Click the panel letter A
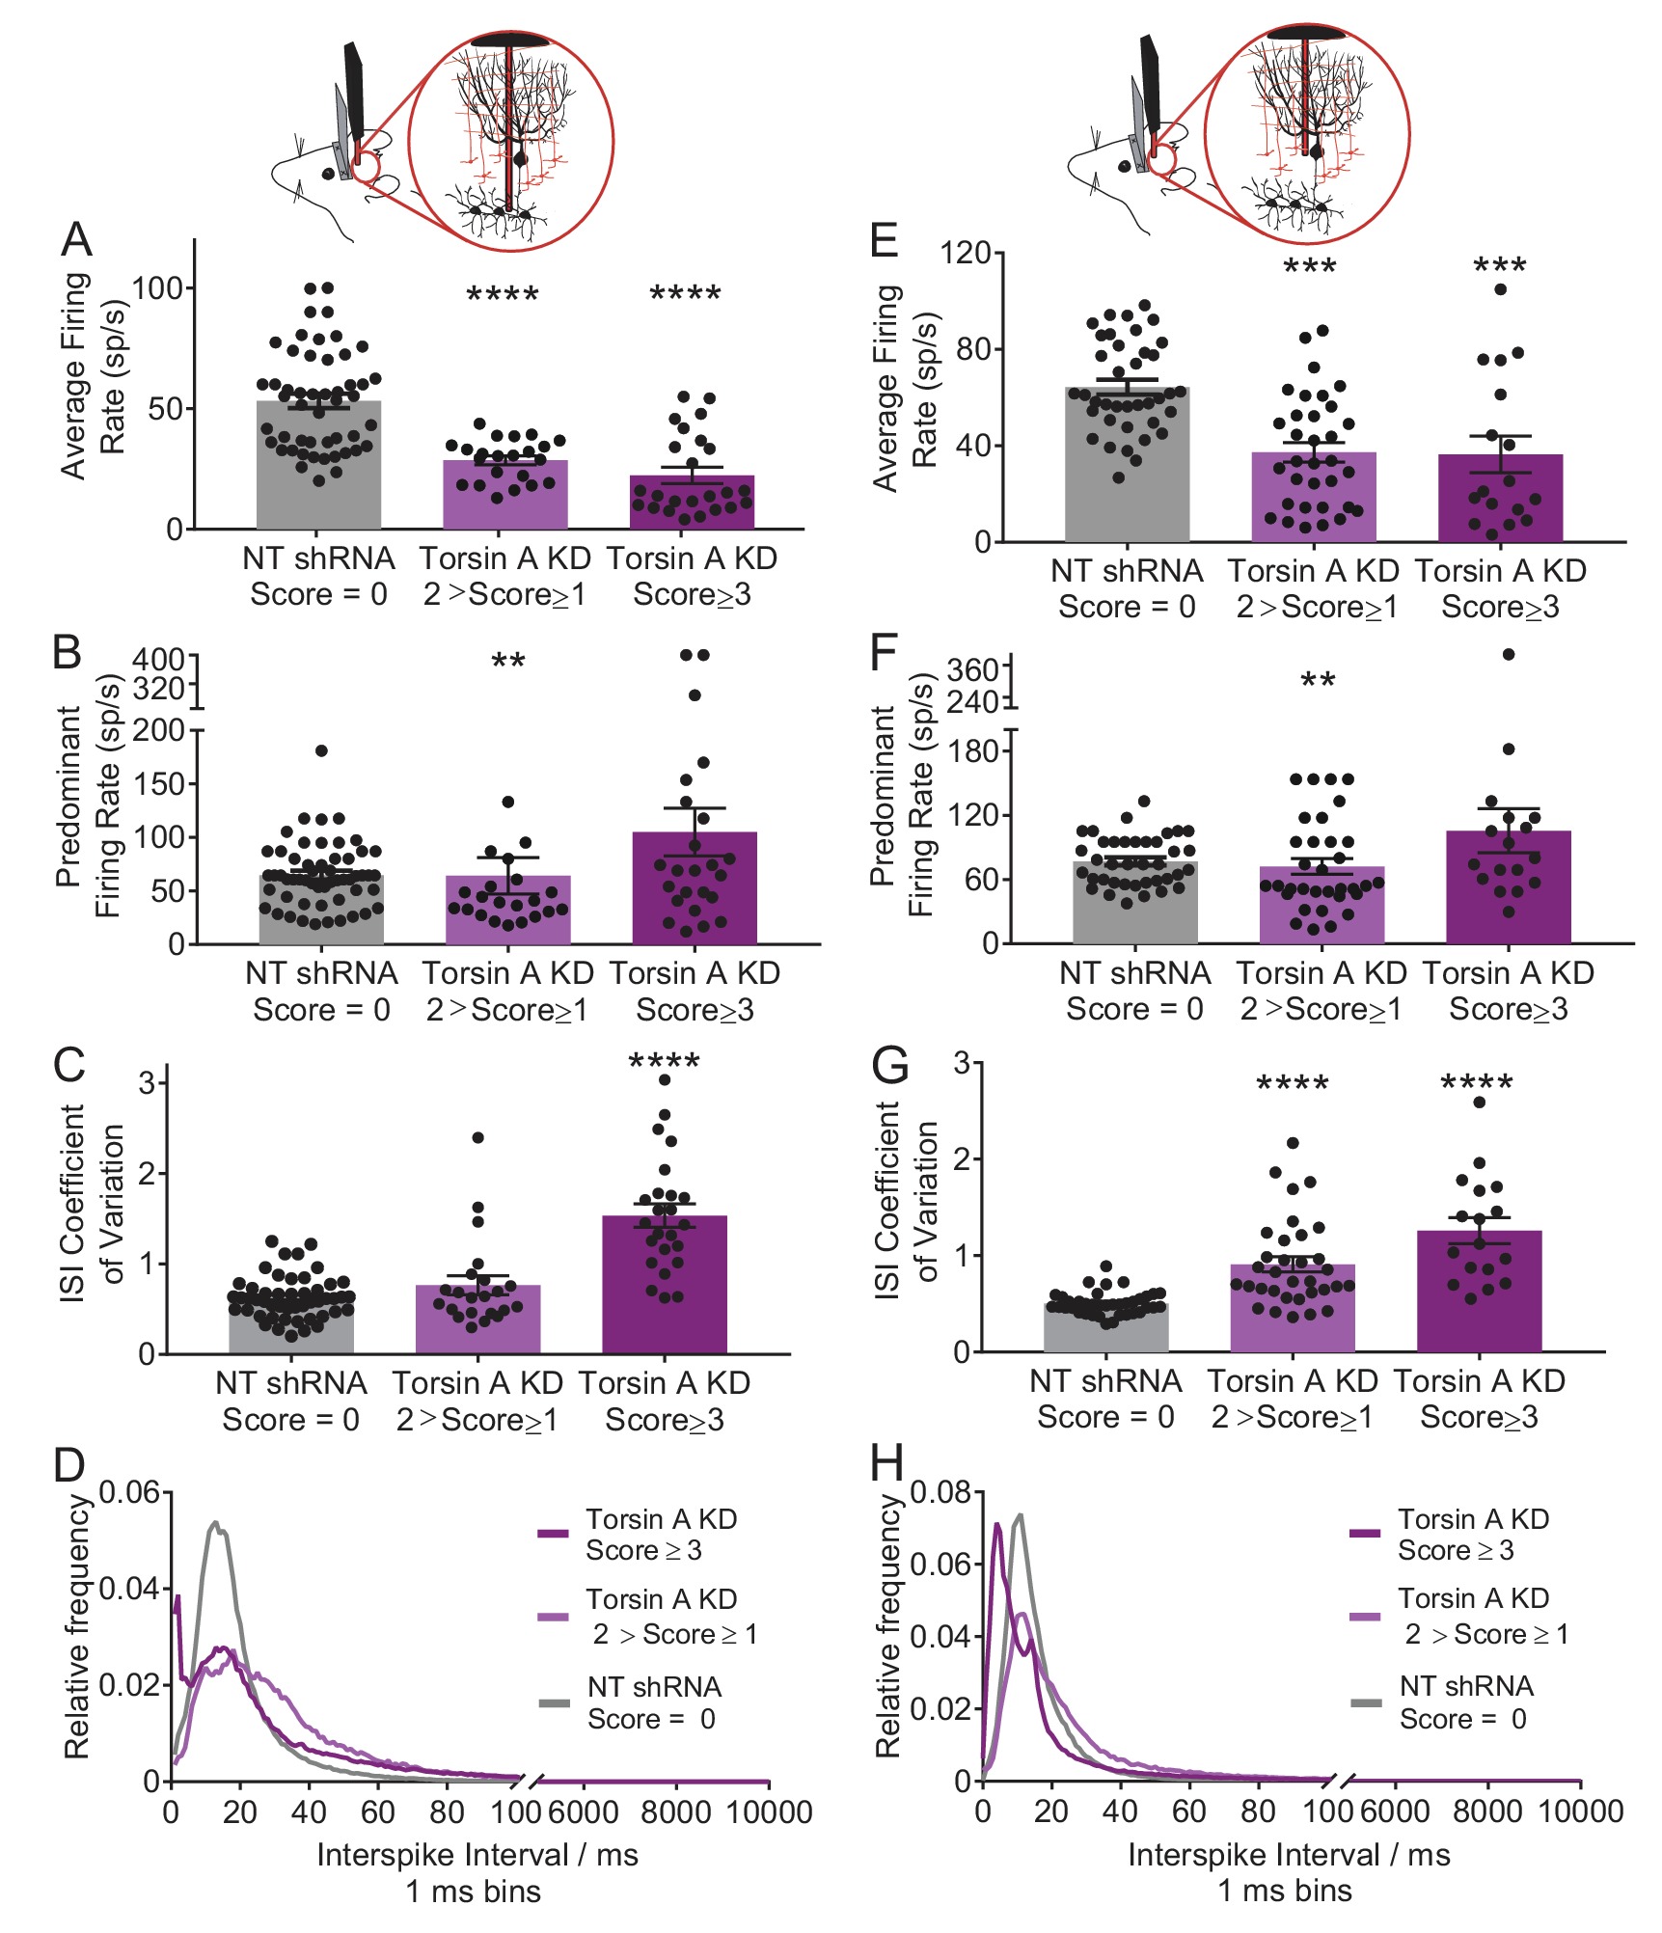[x=76, y=240]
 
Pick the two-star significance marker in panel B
[x=508, y=663]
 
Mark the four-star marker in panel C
[x=664, y=1063]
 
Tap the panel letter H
[x=886, y=1464]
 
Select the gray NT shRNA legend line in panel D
[x=555, y=1703]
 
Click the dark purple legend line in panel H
[x=1365, y=1533]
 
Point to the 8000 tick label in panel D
[x=675, y=1812]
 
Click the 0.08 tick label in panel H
[x=940, y=1493]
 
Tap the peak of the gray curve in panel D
[x=216, y=1523]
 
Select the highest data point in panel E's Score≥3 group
[x=1501, y=289]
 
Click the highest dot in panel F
[x=1509, y=655]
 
